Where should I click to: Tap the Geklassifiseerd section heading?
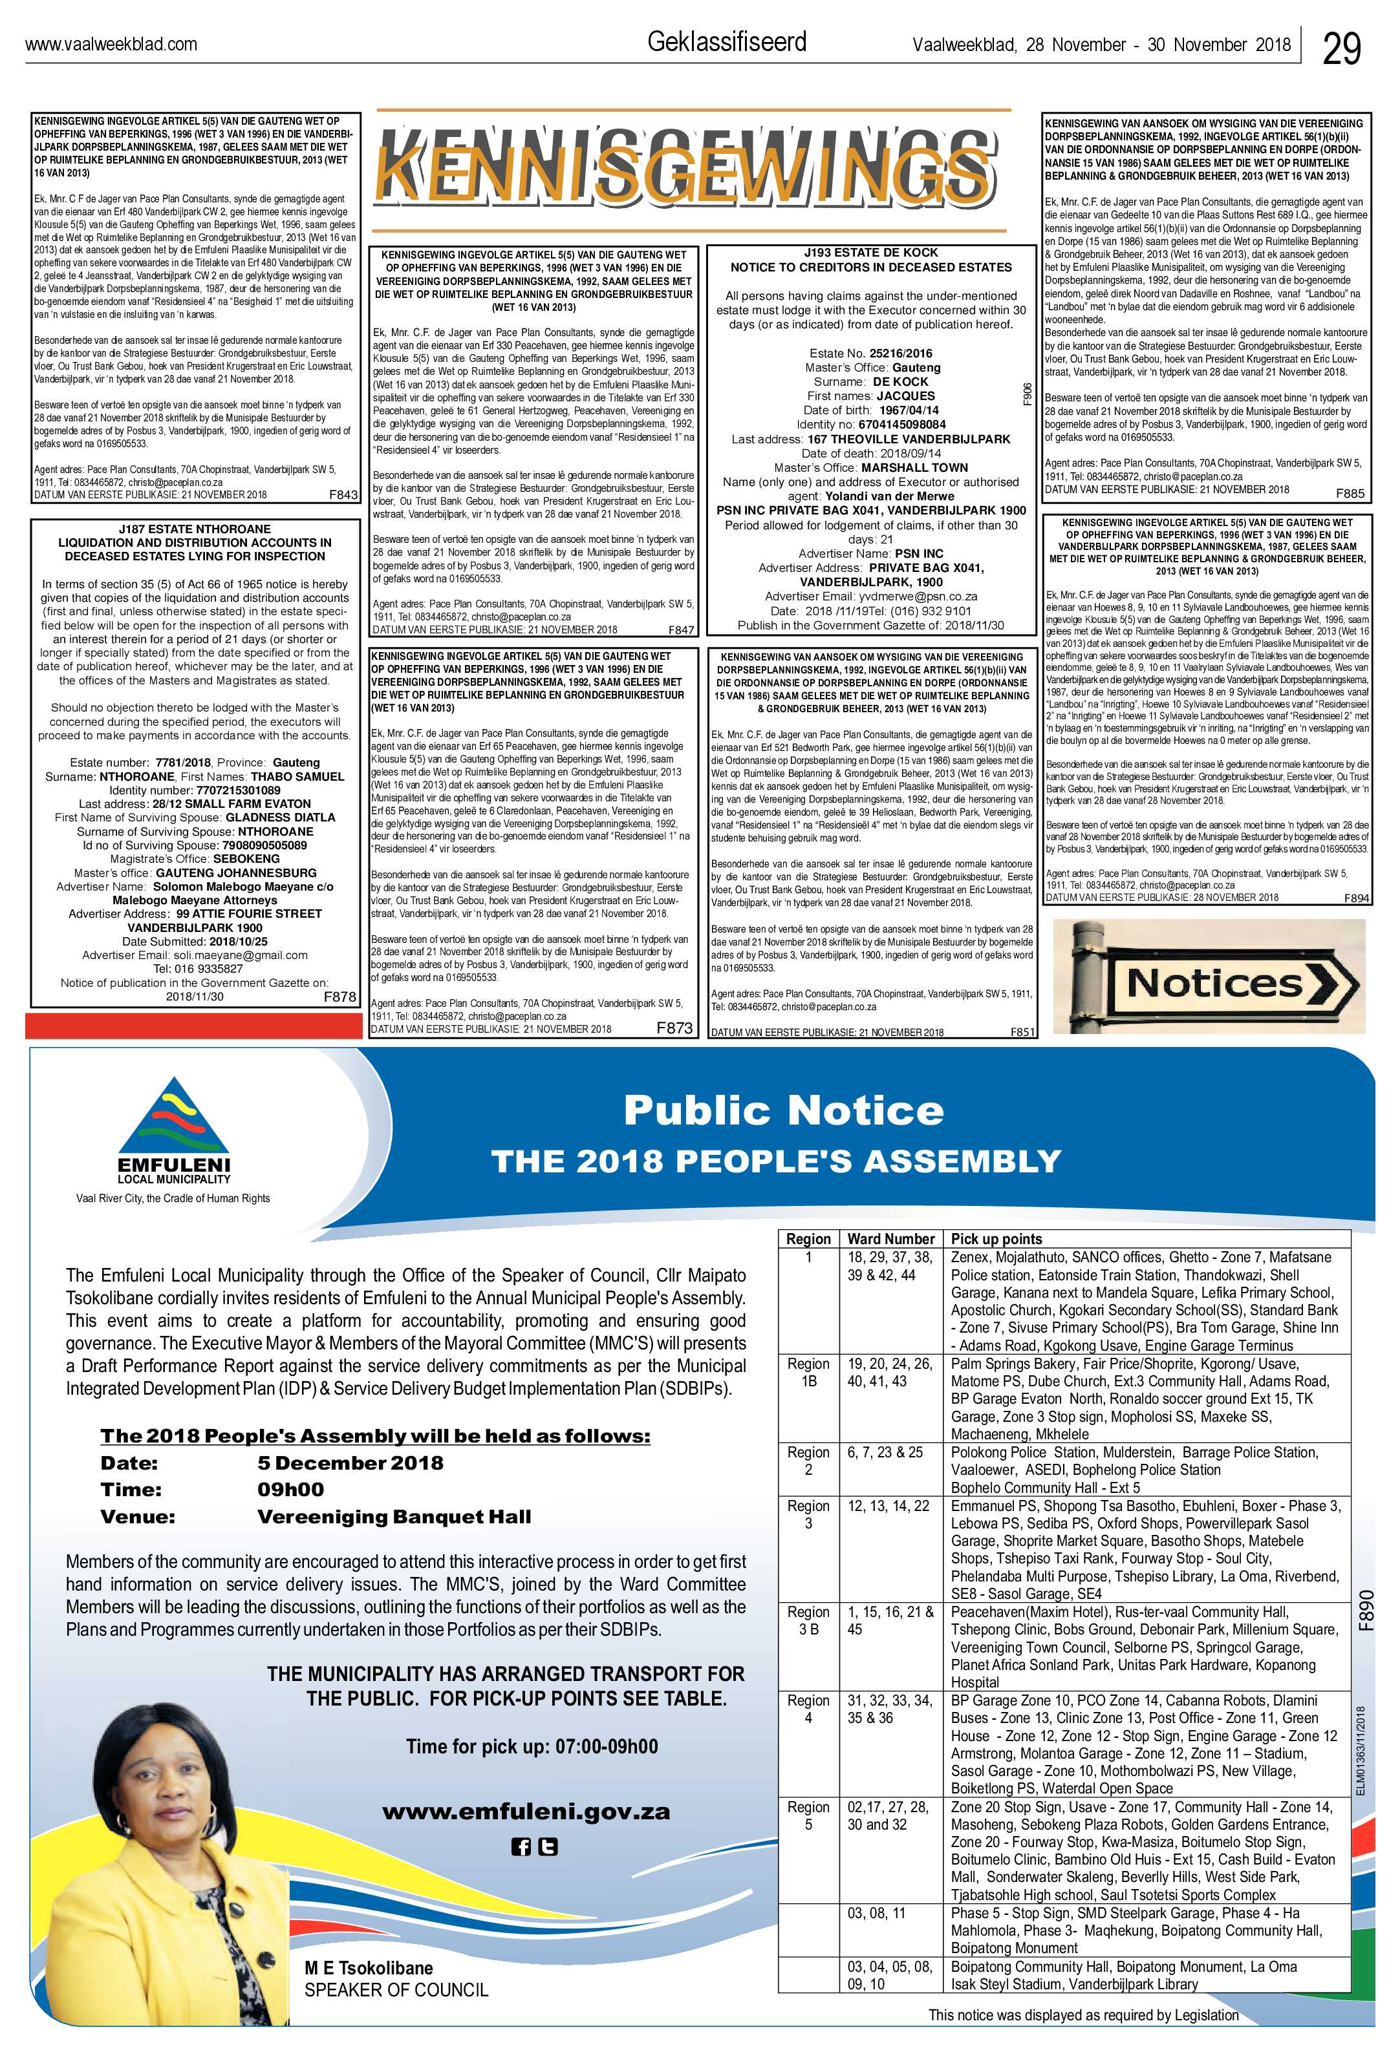(x=727, y=41)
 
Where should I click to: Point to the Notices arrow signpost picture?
(x=1209, y=977)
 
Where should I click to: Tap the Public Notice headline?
(x=782, y=1110)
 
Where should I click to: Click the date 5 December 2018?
(x=350, y=1463)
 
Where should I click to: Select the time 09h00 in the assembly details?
(x=290, y=1490)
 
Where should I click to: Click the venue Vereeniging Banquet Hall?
(x=394, y=1516)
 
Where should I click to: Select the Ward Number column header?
(x=890, y=1239)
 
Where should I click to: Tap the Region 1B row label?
(x=808, y=1372)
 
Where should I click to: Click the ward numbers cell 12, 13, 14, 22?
(x=888, y=1506)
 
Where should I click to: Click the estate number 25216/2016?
(x=901, y=353)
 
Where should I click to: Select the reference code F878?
(x=339, y=997)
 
